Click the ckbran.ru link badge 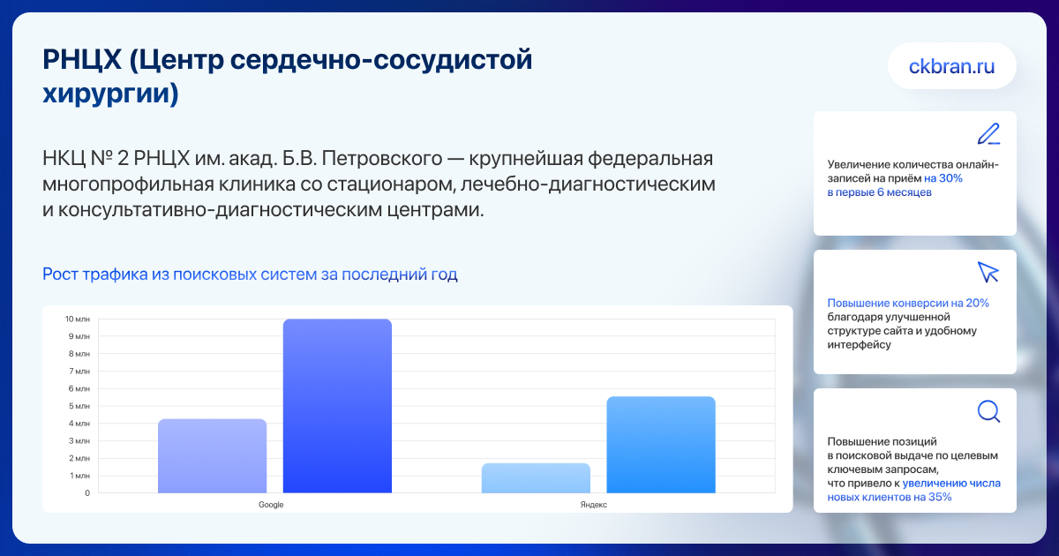point(951,66)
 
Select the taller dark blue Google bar point(337,406)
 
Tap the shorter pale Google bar point(213,456)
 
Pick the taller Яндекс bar point(661,445)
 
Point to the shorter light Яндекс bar point(537,478)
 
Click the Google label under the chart point(271,505)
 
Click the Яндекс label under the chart point(593,505)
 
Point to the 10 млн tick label point(77,319)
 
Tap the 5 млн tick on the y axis point(79,406)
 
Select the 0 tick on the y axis point(87,493)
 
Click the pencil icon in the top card point(988,134)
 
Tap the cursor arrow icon point(988,273)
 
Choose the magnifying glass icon point(988,411)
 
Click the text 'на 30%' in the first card point(943,178)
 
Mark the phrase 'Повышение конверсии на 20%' point(908,303)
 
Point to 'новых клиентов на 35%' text point(890,497)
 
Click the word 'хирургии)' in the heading point(110,94)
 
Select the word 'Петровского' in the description point(381,158)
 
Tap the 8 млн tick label point(79,354)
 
